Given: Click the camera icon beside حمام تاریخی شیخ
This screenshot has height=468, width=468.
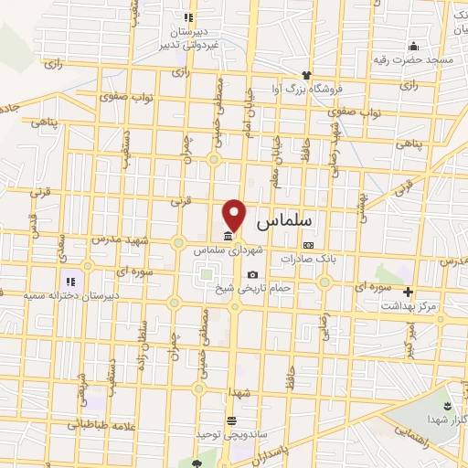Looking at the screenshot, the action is (252, 274).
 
